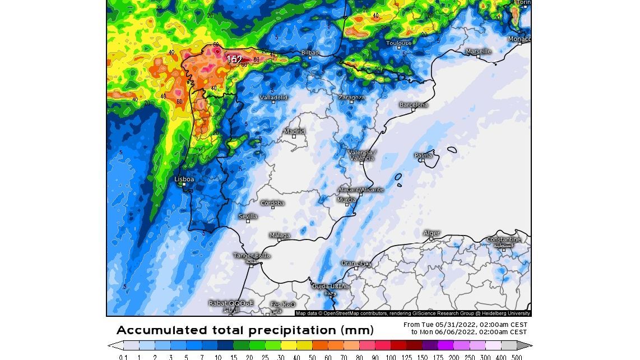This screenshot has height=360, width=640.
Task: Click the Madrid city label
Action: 294,132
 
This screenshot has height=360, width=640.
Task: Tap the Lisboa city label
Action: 184,179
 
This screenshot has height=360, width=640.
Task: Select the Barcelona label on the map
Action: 414,105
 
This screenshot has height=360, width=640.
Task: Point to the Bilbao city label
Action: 310,53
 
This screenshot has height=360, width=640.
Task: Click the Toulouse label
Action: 399,43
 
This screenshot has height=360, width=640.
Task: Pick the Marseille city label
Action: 479,52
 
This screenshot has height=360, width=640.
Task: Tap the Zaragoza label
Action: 351,97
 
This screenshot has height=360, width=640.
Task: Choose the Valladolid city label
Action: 273,98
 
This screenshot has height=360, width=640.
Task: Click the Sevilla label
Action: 248,216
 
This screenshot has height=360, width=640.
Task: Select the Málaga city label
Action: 280,236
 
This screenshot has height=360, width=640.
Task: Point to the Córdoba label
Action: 272,203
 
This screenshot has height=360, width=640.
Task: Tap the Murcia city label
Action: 346,200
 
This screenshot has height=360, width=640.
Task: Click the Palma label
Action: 424,155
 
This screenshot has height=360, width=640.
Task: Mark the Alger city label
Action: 432,233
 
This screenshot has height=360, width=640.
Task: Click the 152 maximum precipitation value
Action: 234,59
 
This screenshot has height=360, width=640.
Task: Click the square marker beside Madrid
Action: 294,136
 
